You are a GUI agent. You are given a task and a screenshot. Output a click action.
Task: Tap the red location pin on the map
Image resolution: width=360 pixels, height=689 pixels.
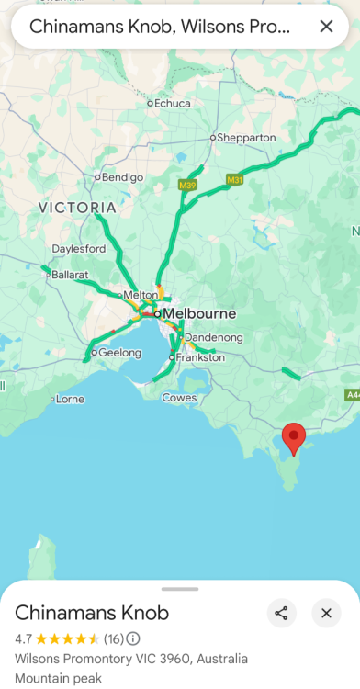pos(293,436)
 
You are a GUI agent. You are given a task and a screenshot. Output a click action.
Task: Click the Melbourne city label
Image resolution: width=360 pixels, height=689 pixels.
pos(199,313)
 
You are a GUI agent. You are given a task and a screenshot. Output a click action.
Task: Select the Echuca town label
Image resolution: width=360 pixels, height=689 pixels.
pos(172,104)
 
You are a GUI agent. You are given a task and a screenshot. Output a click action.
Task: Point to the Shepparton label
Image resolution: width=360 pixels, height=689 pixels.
pos(246,138)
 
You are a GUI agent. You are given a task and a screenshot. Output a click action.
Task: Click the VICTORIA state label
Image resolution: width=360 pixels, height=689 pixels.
pos(78,208)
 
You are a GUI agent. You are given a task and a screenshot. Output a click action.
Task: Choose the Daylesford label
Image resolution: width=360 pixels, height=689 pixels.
pos(79,249)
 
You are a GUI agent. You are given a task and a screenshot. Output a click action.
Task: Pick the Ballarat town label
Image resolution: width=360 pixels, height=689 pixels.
pos(69,275)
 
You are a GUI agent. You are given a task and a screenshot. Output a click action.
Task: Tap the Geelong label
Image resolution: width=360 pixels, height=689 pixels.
pos(120,352)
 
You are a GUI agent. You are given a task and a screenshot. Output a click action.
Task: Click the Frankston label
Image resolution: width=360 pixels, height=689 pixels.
pos(199,357)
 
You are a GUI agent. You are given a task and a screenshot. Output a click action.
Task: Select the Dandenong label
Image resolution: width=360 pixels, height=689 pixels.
pos(214,338)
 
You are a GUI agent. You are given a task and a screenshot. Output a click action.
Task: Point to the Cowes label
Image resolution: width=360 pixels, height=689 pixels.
pos(179,398)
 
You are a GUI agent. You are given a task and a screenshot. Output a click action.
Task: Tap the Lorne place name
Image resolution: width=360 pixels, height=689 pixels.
pos(70,400)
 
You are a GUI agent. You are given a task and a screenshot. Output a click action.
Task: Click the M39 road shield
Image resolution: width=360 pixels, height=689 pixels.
pos(187,186)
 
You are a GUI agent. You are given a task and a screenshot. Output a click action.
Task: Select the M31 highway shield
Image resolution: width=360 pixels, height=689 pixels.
pos(234,179)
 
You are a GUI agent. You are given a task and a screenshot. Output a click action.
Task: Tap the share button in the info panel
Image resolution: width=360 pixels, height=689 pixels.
pos(282,613)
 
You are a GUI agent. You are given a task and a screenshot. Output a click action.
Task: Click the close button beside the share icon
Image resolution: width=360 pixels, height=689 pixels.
pos(326,613)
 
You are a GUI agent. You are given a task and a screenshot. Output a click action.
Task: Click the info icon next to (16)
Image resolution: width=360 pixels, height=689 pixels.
pos(133,638)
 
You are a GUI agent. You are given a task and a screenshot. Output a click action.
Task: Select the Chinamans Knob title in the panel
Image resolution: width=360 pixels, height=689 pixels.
pos(92,613)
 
